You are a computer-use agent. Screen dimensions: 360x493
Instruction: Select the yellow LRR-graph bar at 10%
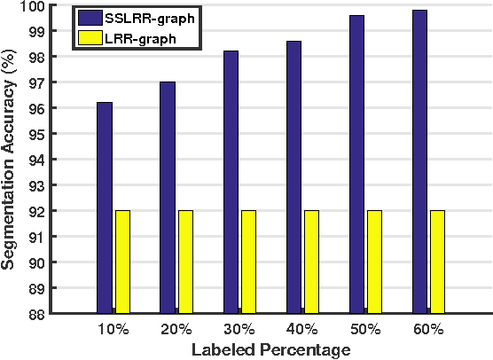click(x=122, y=262)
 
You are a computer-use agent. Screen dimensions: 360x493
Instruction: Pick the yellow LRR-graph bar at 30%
click(x=248, y=262)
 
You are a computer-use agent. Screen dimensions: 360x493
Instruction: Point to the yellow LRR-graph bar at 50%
click(x=374, y=262)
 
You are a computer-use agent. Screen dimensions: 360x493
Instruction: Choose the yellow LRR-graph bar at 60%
click(x=437, y=262)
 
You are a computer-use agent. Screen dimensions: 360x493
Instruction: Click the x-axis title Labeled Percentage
click(x=271, y=349)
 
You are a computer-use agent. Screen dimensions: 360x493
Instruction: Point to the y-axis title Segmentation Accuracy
click(x=11, y=158)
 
